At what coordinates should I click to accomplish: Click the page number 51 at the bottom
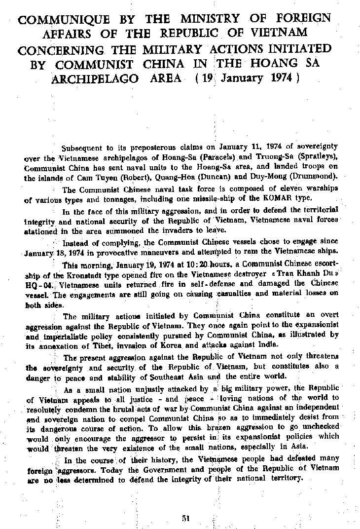coord(186,517)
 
